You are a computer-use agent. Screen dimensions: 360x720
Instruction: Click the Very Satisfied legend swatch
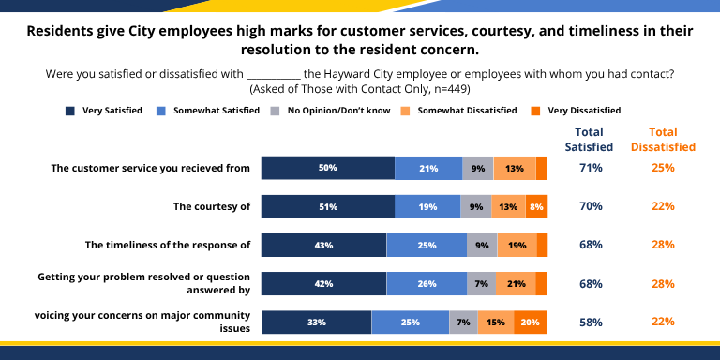coord(70,111)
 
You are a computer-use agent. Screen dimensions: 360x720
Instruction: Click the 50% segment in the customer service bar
coord(327,168)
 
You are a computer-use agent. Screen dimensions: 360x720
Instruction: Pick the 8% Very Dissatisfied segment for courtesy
coord(536,206)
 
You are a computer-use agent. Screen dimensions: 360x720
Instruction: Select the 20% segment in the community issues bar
coord(531,322)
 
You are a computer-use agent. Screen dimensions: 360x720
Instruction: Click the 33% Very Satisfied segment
coord(316,322)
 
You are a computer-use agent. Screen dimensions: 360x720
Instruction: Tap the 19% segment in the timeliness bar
coord(517,245)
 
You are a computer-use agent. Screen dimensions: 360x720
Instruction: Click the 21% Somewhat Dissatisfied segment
coord(516,284)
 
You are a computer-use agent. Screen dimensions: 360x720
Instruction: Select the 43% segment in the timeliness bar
coord(323,245)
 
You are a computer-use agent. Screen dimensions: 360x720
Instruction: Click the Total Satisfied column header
coord(589,139)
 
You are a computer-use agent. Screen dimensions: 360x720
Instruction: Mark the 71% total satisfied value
coord(590,168)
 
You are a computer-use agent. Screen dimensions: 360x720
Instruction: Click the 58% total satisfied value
coord(590,322)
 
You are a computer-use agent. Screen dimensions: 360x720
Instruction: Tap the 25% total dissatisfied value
coord(663,168)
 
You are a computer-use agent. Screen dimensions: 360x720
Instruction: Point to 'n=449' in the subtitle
coord(447,88)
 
